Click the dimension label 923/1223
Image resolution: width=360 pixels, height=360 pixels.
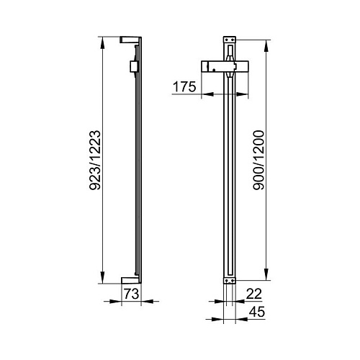(95, 160)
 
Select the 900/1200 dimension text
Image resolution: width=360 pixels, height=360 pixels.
(258, 160)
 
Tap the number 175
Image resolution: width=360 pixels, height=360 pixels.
(184, 86)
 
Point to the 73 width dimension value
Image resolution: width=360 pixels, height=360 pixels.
(131, 294)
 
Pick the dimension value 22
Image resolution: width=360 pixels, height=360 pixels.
(254, 294)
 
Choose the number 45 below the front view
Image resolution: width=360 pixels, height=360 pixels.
(257, 312)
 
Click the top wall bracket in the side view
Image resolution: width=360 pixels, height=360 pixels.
(130, 40)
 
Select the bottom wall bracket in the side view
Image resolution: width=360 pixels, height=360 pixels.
(130, 280)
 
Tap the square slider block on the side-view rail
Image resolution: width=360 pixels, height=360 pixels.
(132, 66)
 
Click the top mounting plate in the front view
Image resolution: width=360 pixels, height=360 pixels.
(230, 40)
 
